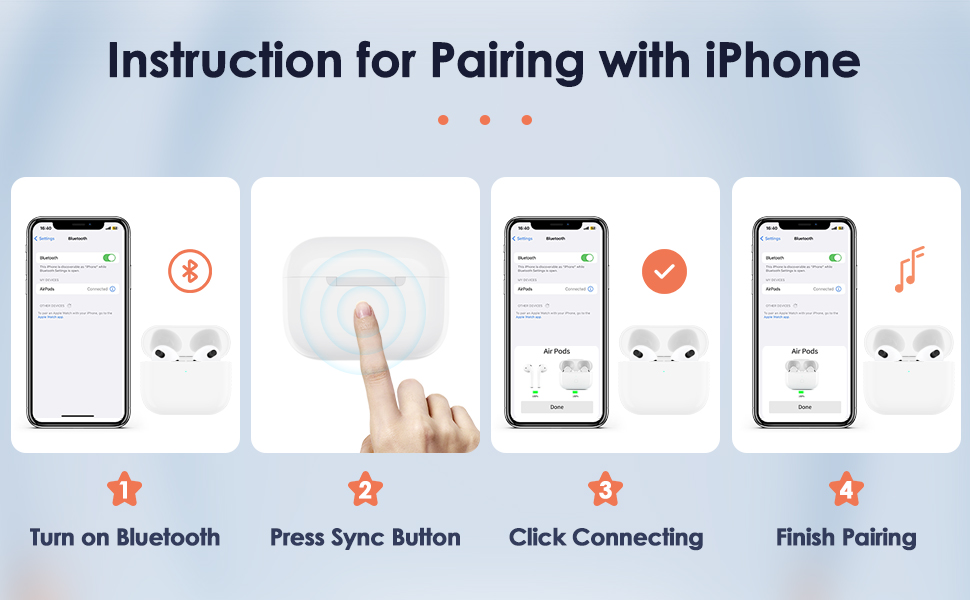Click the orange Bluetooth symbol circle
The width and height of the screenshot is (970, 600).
(x=190, y=271)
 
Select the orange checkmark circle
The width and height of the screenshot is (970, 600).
(x=664, y=272)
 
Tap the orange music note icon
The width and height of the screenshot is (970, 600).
(x=908, y=269)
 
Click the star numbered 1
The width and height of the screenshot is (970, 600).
(x=124, y=490)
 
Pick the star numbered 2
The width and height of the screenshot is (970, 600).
(x=365, y=490)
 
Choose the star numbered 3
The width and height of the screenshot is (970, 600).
(x=605, y=490)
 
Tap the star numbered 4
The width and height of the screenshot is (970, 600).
(x=846, y=490)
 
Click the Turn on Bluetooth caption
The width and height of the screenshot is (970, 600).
(x=125, y=537)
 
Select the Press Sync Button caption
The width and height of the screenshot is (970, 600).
(x=365, y=537)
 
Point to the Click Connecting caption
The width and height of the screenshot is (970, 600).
(x=606, y=537)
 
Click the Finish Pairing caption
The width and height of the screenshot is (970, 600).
(x=846, y=537)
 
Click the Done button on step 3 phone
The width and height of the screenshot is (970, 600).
(x=555, y=407)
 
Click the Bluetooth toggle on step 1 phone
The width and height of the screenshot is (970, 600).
(x=109, y=257)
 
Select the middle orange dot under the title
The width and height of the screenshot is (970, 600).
(x=485, y=120)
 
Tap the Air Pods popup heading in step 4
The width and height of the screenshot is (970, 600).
(x=804, y=351)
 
